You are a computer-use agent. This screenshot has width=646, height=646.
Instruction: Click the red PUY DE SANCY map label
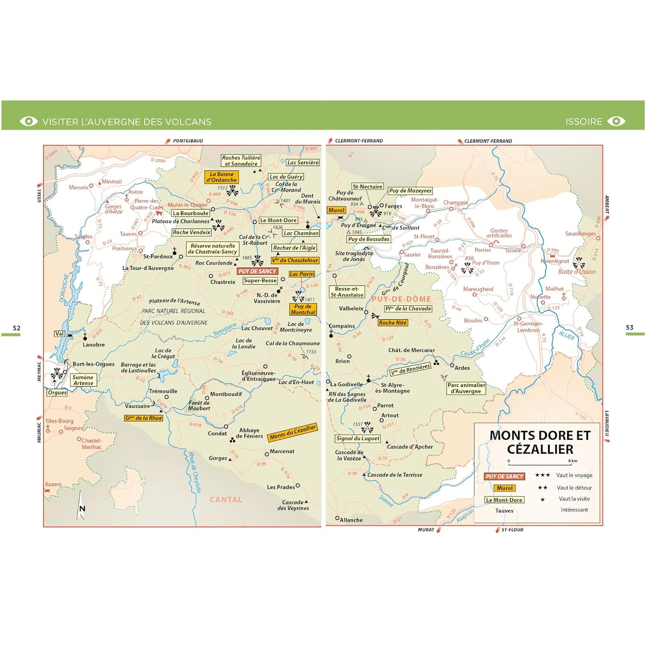pos(257,271)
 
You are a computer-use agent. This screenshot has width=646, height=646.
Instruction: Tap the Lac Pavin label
pos(301,274)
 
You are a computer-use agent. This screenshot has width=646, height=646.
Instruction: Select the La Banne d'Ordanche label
pos(221,177)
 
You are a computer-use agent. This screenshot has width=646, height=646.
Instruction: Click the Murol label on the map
pos(336,210)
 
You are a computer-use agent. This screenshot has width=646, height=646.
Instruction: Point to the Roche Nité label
pos(392,323)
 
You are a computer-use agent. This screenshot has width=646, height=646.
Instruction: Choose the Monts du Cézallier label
pos(293,432)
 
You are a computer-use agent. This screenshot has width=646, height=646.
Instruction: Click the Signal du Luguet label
pos(357,438)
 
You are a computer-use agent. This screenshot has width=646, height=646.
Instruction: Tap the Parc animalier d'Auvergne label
pos(466,388)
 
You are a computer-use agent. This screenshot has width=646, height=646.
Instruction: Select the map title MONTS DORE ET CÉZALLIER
pos(540,442)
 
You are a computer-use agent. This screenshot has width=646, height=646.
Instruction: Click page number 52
pos(16,328)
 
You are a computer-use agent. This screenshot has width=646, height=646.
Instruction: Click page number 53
pos(630,327)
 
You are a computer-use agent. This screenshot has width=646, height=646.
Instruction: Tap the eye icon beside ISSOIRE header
pos(616,121)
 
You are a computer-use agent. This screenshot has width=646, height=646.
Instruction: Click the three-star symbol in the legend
pos(542,475)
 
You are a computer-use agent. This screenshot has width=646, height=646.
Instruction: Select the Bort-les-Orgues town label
pos(93,364)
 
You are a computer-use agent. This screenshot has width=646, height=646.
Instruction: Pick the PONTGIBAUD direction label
pos(188,141)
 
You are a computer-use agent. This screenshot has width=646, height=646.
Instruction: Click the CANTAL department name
pos(226,500)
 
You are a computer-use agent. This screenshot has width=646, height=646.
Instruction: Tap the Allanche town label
pos(351,520)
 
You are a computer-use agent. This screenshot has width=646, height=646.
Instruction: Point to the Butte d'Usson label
pos(577,272)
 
